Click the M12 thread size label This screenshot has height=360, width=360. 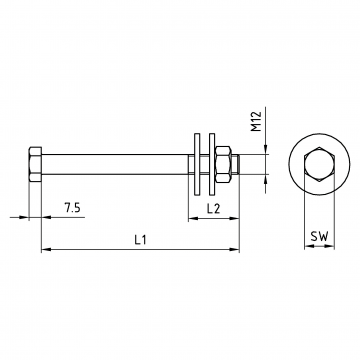click(256, 121)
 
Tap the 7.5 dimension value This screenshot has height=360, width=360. click(72, 208)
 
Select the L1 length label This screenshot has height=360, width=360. click(140, 240)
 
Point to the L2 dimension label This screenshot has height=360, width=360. click(213, 209)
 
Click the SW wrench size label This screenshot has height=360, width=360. click(319, 236)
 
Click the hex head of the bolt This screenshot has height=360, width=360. click(35, 164)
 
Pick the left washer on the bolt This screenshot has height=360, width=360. click(197, 164)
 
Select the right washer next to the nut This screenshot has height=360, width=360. click(212, 164)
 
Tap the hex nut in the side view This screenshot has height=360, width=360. click(223, 164)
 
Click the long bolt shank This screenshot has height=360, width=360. click(115, 164)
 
